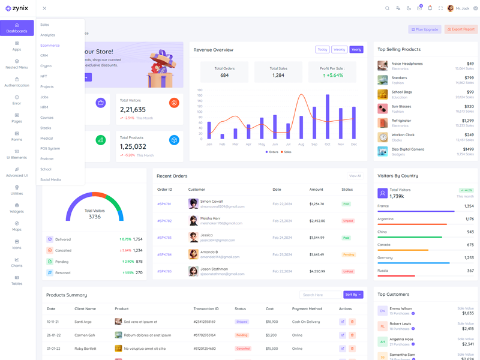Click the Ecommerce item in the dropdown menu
50,45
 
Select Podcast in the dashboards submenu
47,159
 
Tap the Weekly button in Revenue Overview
339,50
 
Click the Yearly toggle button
356,50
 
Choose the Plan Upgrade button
425,29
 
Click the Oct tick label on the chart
328,144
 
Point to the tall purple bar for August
301,113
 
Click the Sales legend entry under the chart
286,152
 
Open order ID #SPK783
164,238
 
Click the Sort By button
353,295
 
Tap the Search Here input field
320,295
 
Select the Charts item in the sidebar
17,262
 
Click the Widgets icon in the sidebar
17,205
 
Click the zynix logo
17,8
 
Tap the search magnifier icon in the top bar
387,8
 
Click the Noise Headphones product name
407,64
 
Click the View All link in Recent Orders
355,176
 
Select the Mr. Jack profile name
463,8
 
